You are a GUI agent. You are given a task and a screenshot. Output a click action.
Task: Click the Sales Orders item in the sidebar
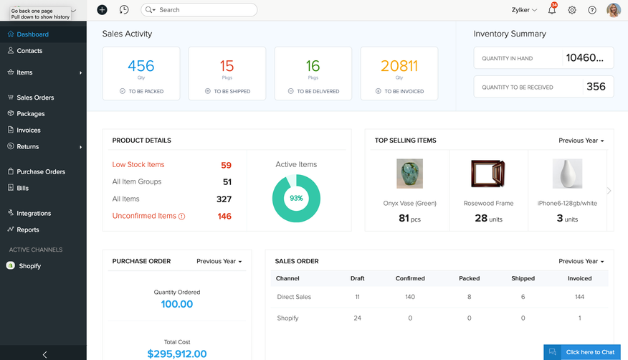tap(35, 98)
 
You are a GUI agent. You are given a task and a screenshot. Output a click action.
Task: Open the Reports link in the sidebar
tap(28, 229)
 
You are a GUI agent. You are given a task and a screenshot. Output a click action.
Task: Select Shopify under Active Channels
tap(29, 266)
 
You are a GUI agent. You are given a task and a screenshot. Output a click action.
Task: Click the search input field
tap(204, 10)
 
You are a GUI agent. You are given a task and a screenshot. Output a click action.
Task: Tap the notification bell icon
tap(551, 10)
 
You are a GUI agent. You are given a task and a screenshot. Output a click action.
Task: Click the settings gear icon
tap(572, 10)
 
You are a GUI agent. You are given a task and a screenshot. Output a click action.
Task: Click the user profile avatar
tap(614, 10)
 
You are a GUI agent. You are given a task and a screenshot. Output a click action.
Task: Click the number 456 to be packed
tap(141, 66)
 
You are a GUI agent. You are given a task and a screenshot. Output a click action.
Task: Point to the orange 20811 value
tap(399, 66)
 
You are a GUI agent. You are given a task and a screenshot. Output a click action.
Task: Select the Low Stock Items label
tap(138, 164)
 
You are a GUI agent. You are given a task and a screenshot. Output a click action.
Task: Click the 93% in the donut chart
tap(296, 198)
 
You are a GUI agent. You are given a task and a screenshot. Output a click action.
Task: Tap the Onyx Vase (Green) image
tap(409, 174)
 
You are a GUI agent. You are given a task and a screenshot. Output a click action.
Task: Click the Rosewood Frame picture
tap(488, 174)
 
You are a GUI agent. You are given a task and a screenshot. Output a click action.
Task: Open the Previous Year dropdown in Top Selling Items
tap(581, 141)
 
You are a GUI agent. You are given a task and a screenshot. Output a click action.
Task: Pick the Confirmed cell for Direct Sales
tap(410, 297)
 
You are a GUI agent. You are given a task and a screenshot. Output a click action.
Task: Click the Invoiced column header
tap(579, 278)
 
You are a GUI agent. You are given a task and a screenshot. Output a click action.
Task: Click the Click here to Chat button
tap(582, 352)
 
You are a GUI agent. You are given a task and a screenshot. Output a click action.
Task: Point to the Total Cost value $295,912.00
tap(177, 354)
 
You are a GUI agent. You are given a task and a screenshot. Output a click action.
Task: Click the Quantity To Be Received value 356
tap(596, 87)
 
